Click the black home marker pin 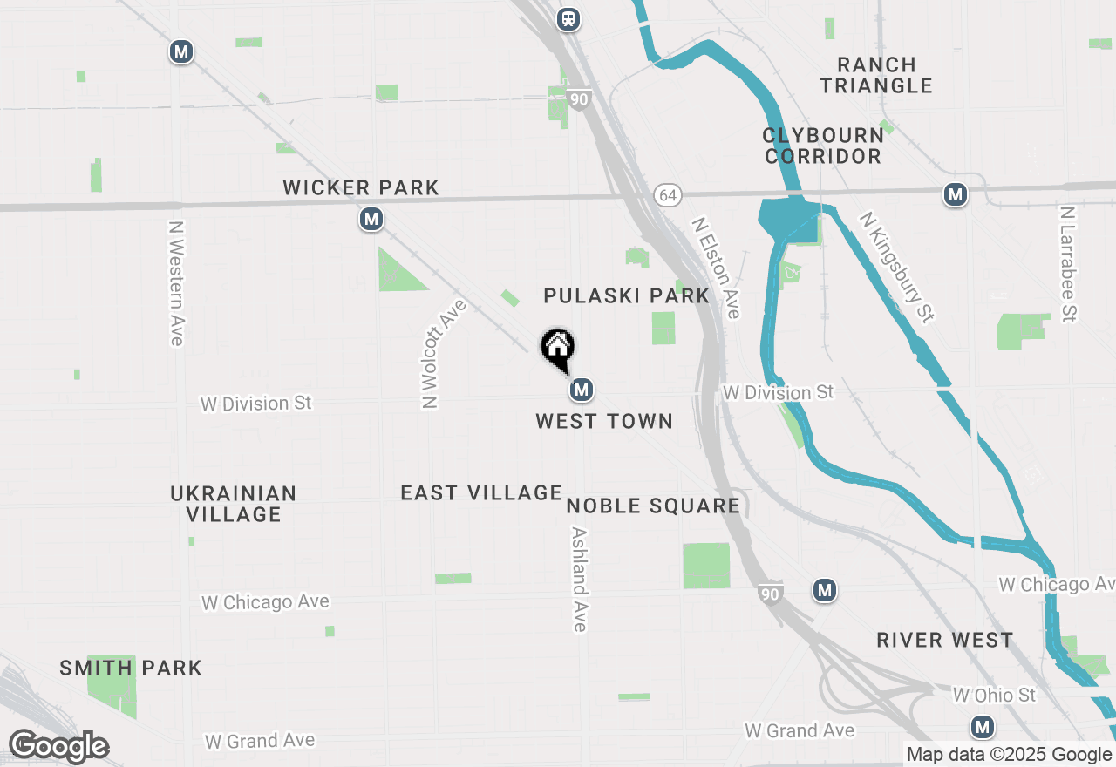click(558, 350)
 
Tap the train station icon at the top click(568, 18)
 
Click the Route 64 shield click(668, 195)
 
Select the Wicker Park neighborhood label click(361, 187)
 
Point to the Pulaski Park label click(627, 295)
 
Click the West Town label click(604, 421)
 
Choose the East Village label click(481, 492)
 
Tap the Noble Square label click(653, 506)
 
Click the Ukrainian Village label click(234, 504)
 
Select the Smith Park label click(131, 669)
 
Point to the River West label click(945, 641)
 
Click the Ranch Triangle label click(876, 75)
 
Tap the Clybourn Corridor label click(823, 146)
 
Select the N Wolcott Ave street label click(443, 353)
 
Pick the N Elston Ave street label click(717, 268)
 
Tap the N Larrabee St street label click(1069, 264)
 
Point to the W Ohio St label click(994, 695)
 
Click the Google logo click(58, 746)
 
